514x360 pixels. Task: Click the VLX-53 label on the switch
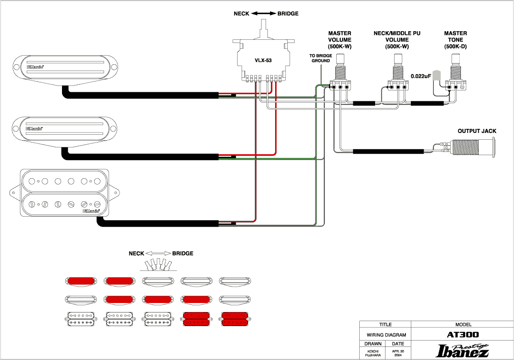tap(262, 60)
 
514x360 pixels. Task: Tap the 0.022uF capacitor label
tap(419, 76)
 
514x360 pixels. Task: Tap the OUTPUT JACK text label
tap(477, 131)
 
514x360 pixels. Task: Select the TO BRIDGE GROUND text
tap(320, 58)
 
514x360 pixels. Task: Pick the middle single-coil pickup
tap(66, 129)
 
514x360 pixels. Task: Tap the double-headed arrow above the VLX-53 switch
tap(263, 14)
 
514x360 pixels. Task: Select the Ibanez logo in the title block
tap(462, 351)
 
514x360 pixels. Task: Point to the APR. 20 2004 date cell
tap(398, 353)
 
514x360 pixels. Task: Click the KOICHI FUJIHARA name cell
tap(372, 353)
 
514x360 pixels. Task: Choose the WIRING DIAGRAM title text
tap(385, 335)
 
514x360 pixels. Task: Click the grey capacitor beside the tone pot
tap(437, 76)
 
